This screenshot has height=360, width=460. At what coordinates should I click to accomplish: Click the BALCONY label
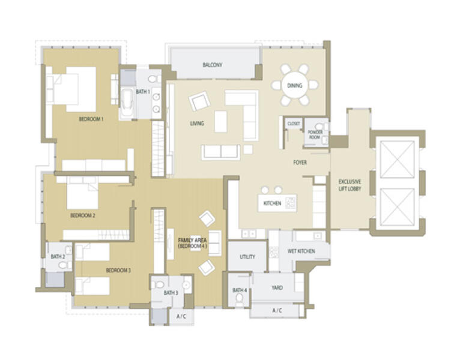[x=213, y=65]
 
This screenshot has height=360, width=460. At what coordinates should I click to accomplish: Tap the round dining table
[x=294, y=85]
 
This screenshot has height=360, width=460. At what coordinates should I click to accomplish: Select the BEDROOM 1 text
[x=91, y=119]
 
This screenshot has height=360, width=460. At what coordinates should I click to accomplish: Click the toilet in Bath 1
[x=154, y=79]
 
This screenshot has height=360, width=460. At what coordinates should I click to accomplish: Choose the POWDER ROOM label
[x=315, y=134]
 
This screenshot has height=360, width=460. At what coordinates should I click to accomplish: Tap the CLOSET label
[x=294, y=124]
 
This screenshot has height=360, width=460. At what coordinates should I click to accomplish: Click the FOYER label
[x=300, y=162]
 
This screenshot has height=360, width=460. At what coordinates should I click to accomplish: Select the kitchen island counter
[x=277, y=203]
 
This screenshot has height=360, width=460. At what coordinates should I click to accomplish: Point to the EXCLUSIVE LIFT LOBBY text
[x=350, y=185]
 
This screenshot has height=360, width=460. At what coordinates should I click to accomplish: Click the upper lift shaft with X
[x=397, y=160]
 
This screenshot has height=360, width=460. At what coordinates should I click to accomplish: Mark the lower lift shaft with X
[x=397, y=206]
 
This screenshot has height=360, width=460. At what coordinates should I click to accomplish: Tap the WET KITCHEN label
[x=301, y=251]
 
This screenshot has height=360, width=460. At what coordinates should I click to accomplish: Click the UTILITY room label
[x=247, y=257]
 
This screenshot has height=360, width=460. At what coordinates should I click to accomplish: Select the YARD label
[x=277, y=287]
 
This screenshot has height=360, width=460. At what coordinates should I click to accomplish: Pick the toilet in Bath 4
[x=240, y=298]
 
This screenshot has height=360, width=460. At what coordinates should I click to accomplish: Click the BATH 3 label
[x=171, y=293]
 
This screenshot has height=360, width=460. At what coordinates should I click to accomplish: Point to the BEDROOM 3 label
[x=118, y=270]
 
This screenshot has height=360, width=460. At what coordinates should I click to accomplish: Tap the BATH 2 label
[x=58, y=257]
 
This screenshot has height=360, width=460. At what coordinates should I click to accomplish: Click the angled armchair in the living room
[x=199, y=101]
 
